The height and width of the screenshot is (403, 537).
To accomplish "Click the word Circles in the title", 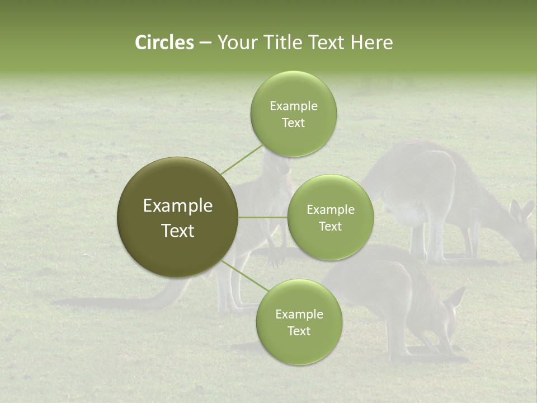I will tap(164, 43).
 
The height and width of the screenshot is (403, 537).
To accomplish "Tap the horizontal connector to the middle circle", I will tap(262, 217).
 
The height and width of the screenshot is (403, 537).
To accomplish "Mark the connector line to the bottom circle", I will tap(245, 276).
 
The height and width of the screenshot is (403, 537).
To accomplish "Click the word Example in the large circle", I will tap(177, 206).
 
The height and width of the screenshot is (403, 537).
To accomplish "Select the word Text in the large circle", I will tap(177, 231).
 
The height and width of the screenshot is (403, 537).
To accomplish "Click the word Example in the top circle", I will tap(293, 106).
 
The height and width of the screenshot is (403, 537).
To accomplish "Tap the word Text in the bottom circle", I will tap(299, 331).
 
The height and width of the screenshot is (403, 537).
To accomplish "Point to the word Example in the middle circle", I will tap(330, 210).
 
